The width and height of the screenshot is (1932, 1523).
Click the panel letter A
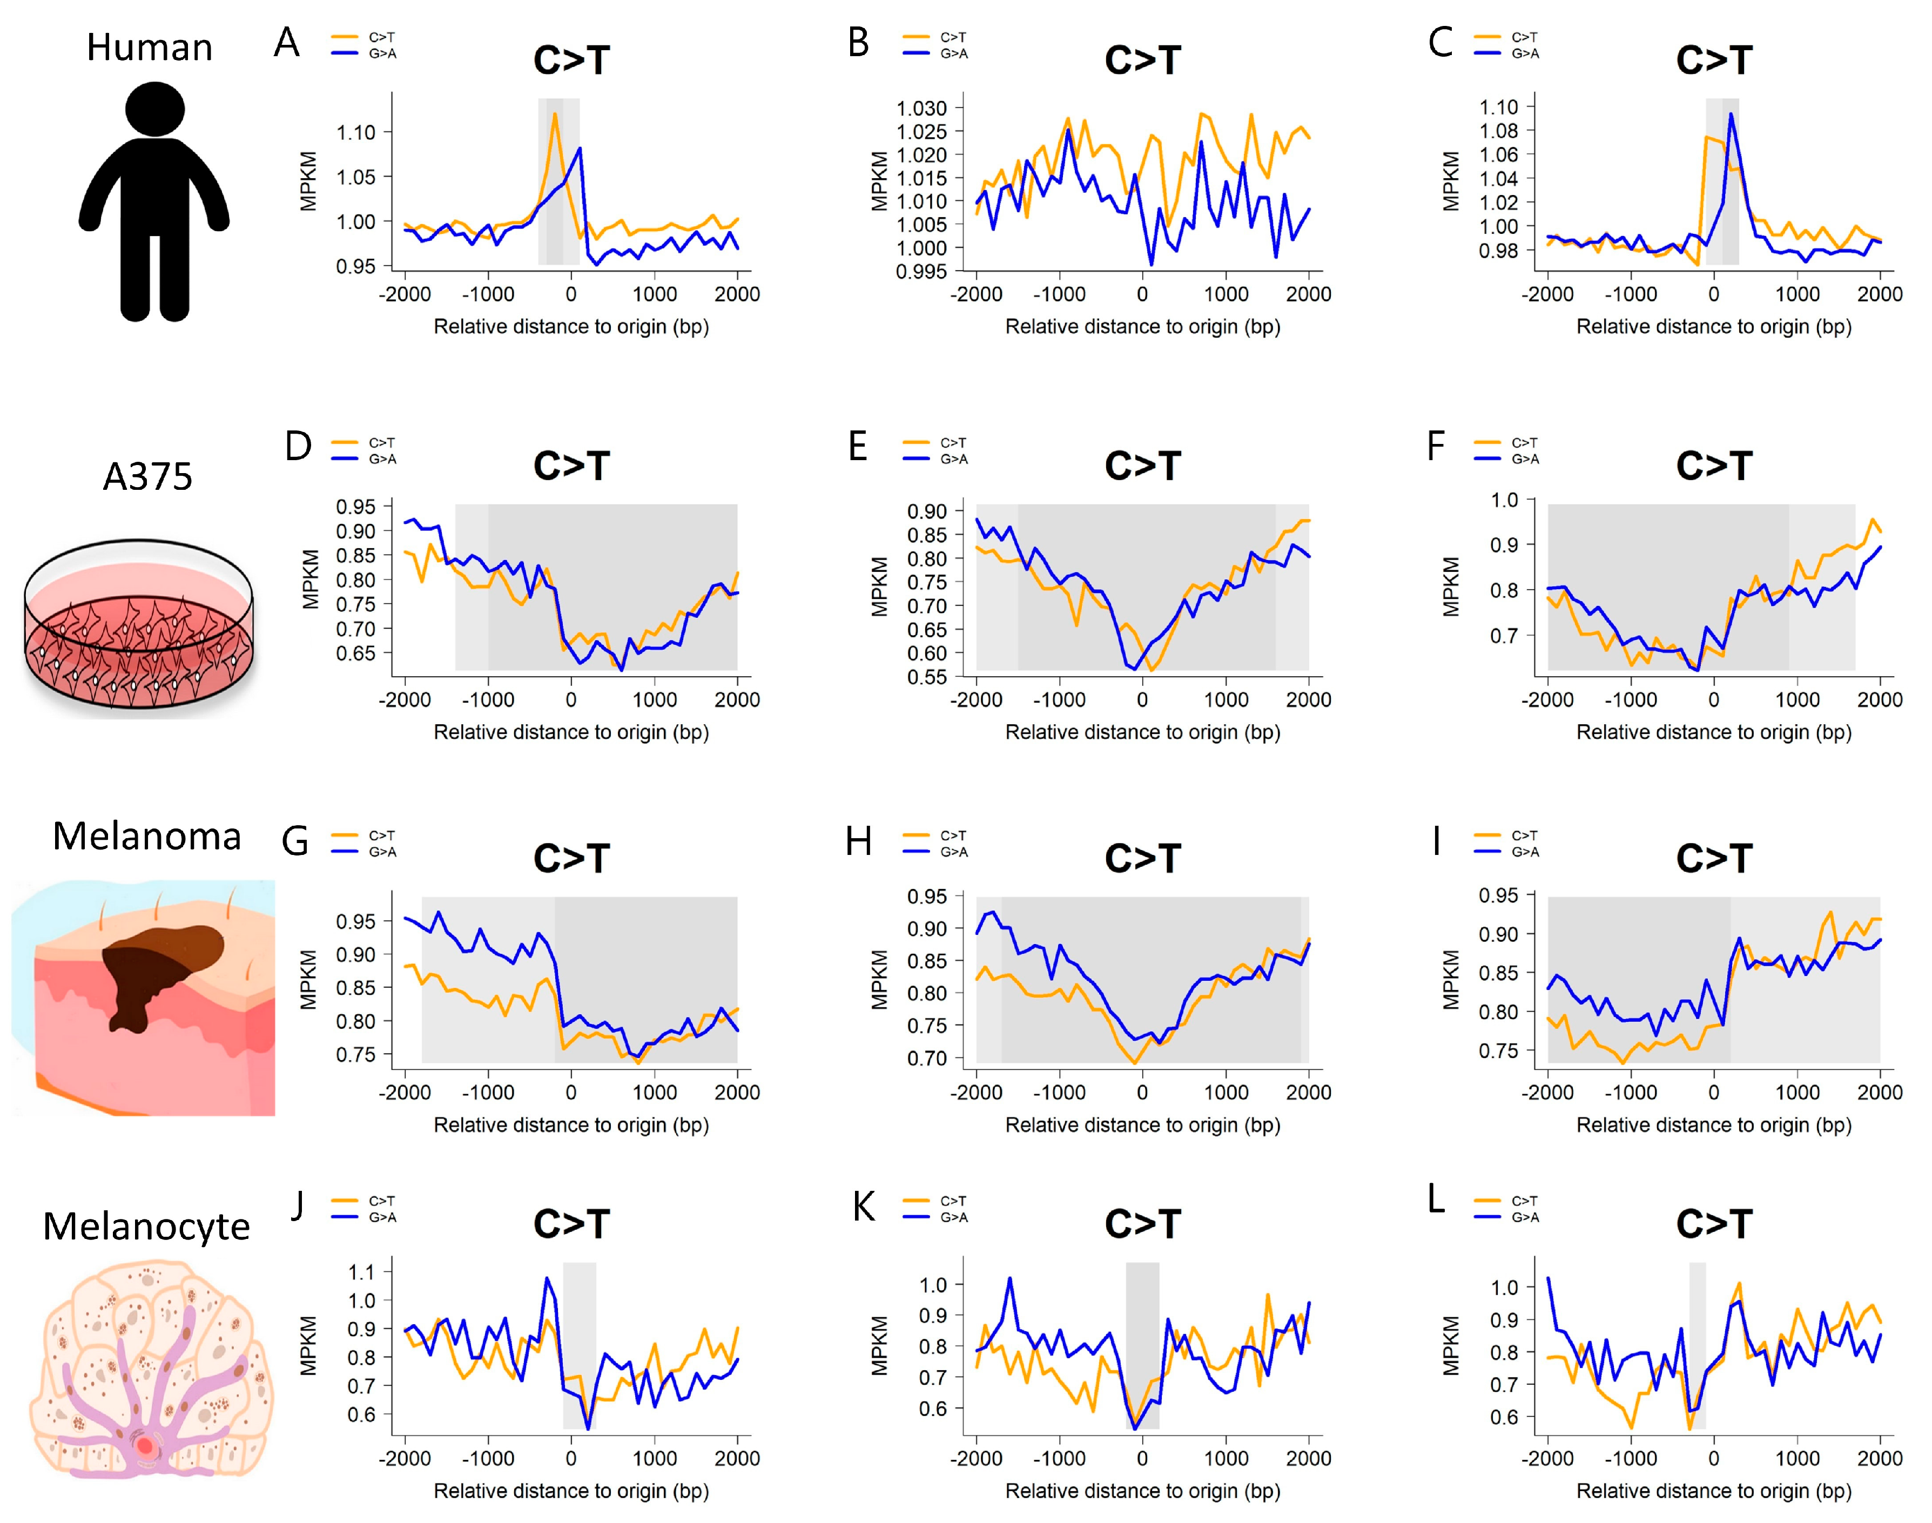coord(286,43)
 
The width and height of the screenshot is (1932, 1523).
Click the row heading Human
coord(149,48)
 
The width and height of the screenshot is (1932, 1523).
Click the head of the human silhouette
coord(155,109)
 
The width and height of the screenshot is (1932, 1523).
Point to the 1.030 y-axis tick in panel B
coord(921,108)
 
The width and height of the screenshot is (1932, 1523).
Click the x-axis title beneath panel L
coord(1714,1491)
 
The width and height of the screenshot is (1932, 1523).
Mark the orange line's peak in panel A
coord(555,114)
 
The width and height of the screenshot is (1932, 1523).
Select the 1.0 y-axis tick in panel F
coord(1505,500)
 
